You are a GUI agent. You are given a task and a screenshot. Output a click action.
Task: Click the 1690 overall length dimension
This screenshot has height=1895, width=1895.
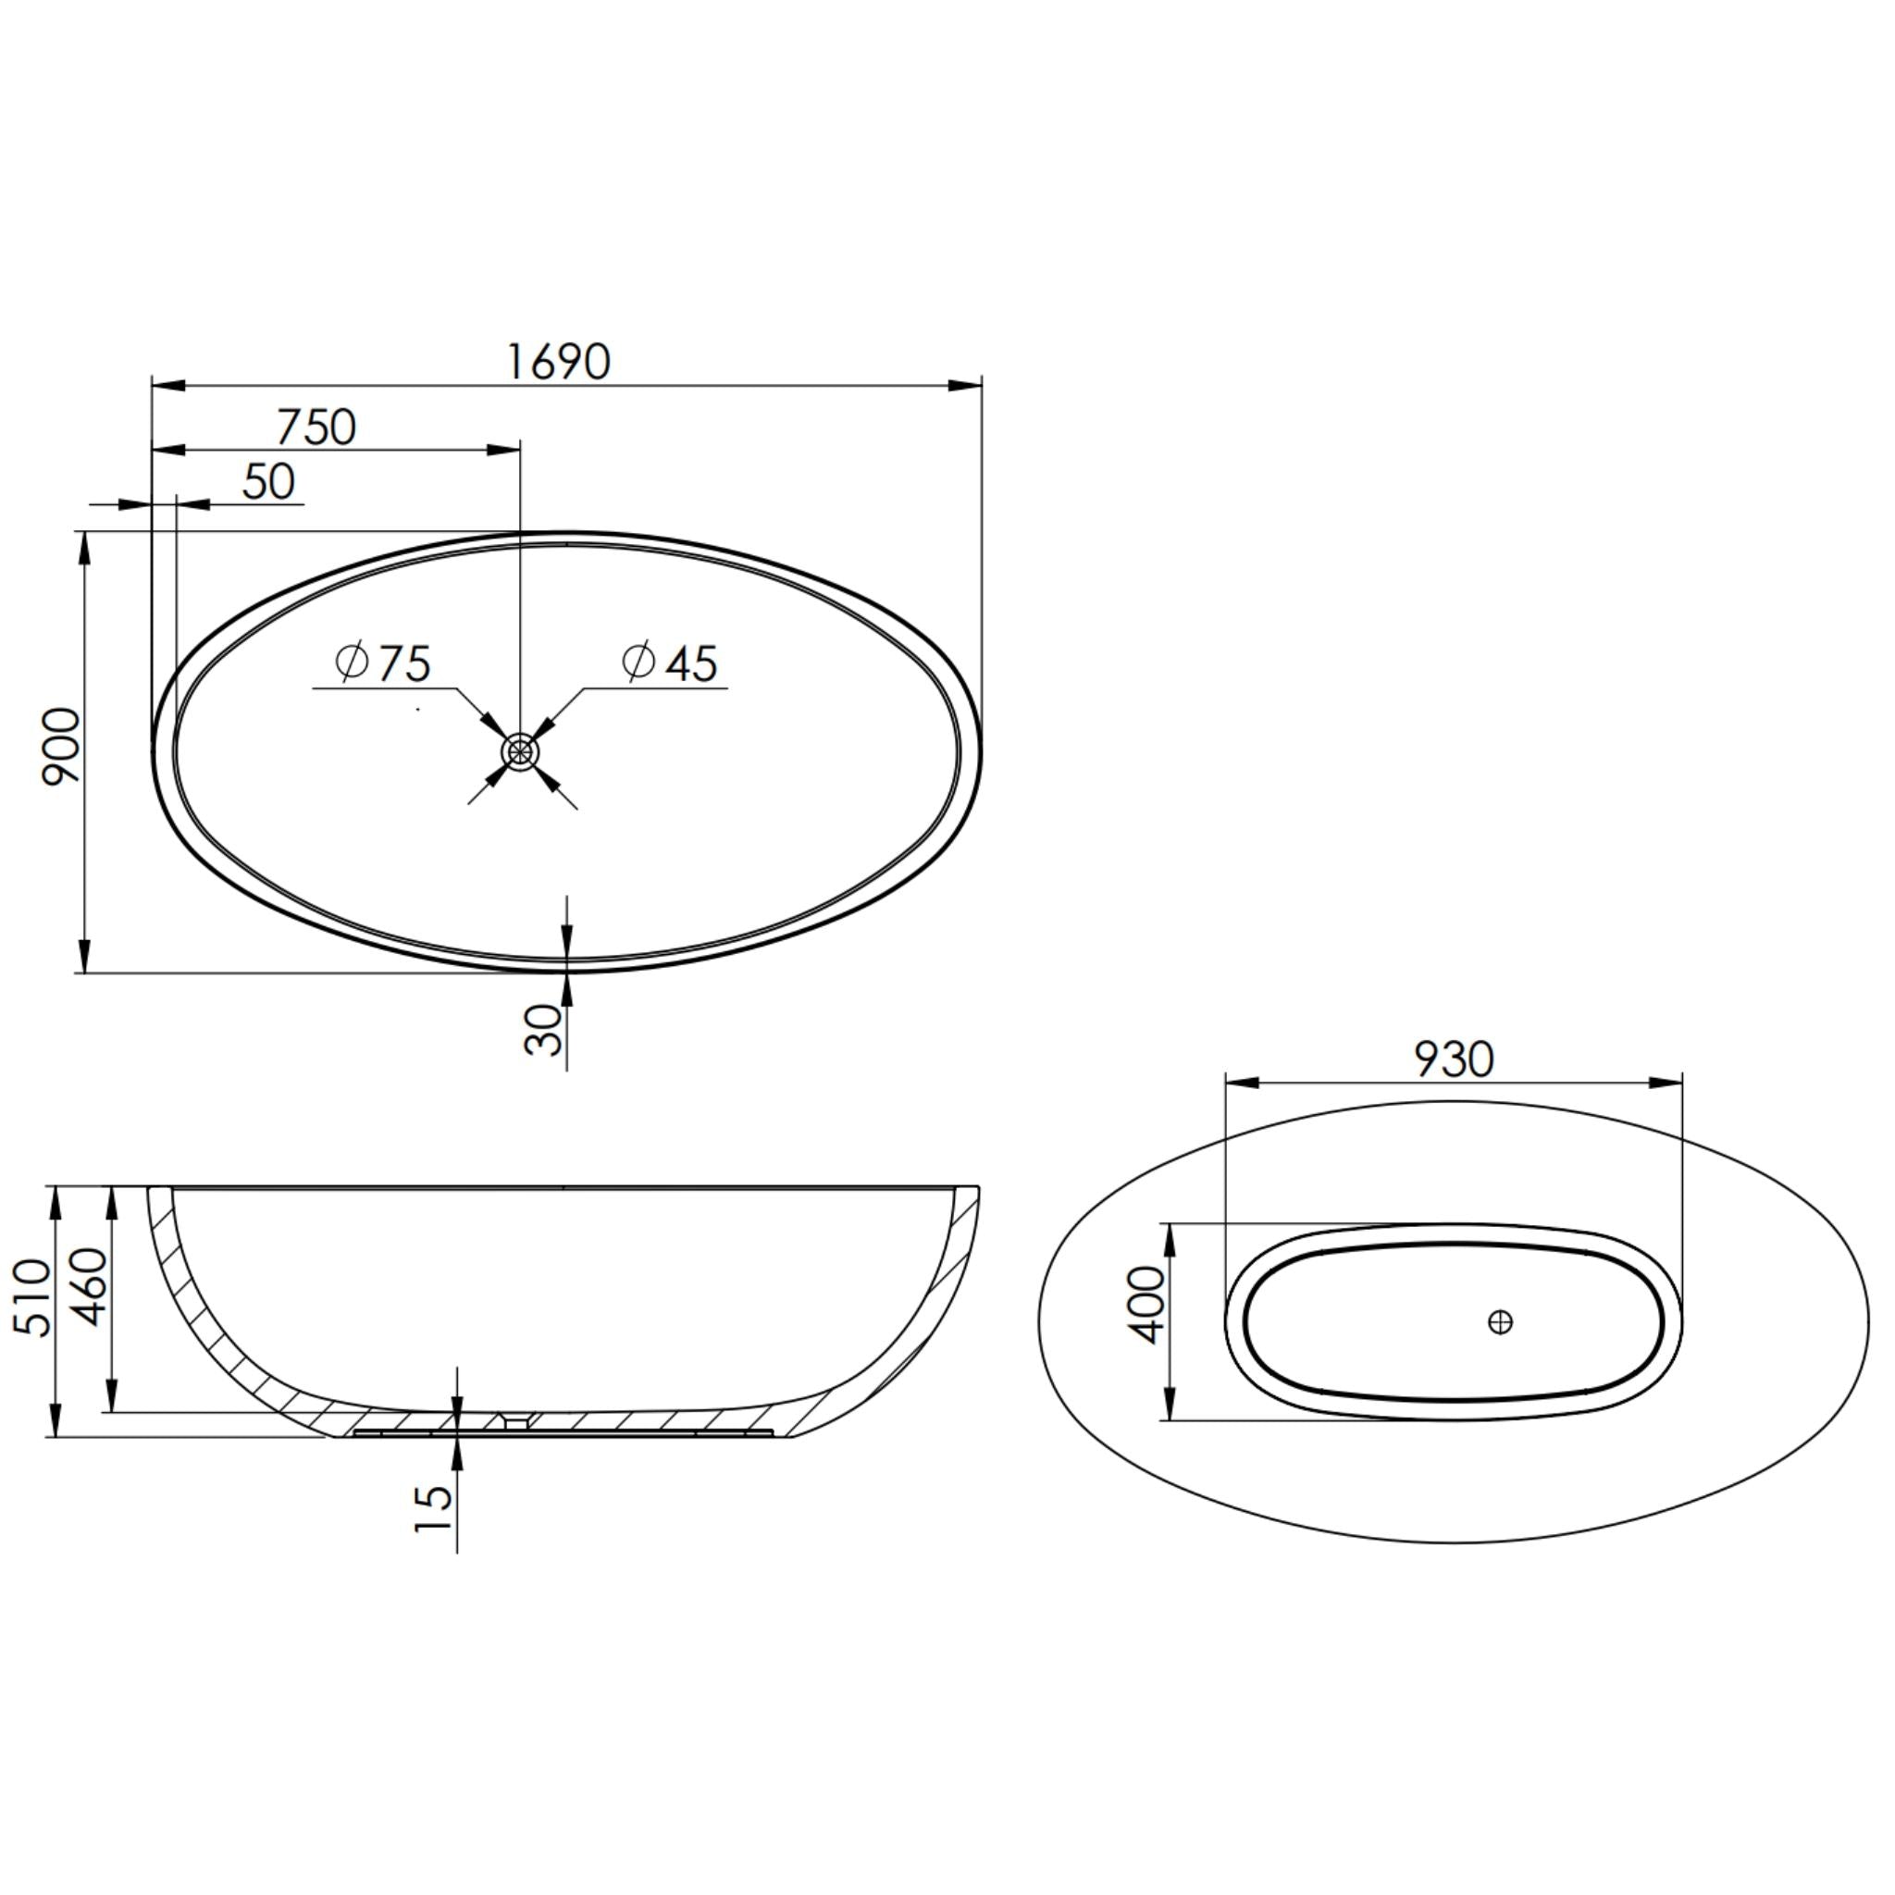558,362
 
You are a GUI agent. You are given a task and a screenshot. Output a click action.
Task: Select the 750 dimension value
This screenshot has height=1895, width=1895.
316,427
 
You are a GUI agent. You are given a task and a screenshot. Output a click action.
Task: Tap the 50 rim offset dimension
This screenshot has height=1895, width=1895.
267,481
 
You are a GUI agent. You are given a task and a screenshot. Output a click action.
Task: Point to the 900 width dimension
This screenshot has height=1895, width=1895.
62,747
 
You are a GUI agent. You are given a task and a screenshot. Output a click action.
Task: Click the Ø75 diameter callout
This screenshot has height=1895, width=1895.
382,663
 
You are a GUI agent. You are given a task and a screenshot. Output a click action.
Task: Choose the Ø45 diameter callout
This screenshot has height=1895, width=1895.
670,663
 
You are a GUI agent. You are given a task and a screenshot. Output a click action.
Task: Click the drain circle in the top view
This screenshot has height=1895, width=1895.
520,752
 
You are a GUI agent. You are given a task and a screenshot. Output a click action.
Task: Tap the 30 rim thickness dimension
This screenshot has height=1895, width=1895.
545,1030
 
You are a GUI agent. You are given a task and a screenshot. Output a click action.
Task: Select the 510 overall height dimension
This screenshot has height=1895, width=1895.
31,1296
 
